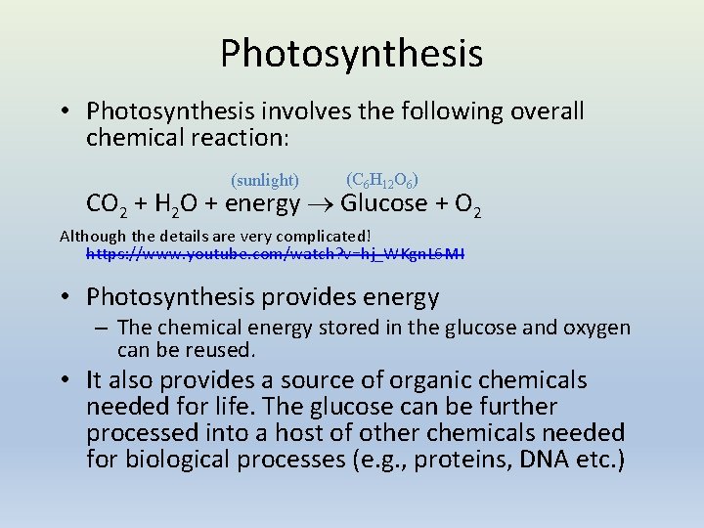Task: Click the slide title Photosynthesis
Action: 351,53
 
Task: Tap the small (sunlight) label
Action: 264,180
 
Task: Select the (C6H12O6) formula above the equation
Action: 382,180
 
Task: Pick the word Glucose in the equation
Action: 383,203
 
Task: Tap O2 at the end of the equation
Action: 467,204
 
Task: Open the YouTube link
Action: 276,253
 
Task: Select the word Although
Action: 93,236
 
